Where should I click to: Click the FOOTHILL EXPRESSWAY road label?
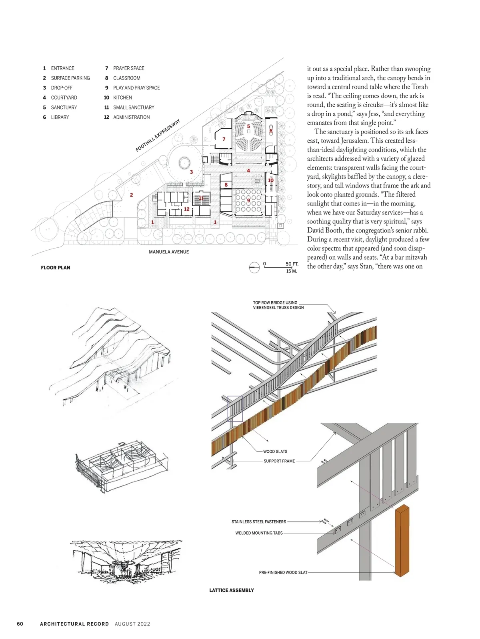158,135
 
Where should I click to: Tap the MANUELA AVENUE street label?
169,252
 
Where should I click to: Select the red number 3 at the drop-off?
191,172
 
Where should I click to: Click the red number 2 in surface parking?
131,195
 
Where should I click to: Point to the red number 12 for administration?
186,209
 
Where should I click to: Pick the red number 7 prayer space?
224,139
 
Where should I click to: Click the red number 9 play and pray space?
248,200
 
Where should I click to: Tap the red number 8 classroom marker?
226,185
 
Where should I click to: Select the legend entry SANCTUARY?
64,107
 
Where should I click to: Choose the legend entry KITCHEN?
122,98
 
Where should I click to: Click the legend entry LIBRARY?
60,117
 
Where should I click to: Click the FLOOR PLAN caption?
55,268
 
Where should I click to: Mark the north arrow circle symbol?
254,267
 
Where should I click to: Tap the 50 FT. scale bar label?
292,264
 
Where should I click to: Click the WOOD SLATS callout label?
275,452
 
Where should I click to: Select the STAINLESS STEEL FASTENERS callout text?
259,522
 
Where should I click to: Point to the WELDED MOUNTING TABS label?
259,533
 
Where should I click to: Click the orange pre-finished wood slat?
402,540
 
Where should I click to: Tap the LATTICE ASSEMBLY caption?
232,590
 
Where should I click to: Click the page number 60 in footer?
20,624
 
